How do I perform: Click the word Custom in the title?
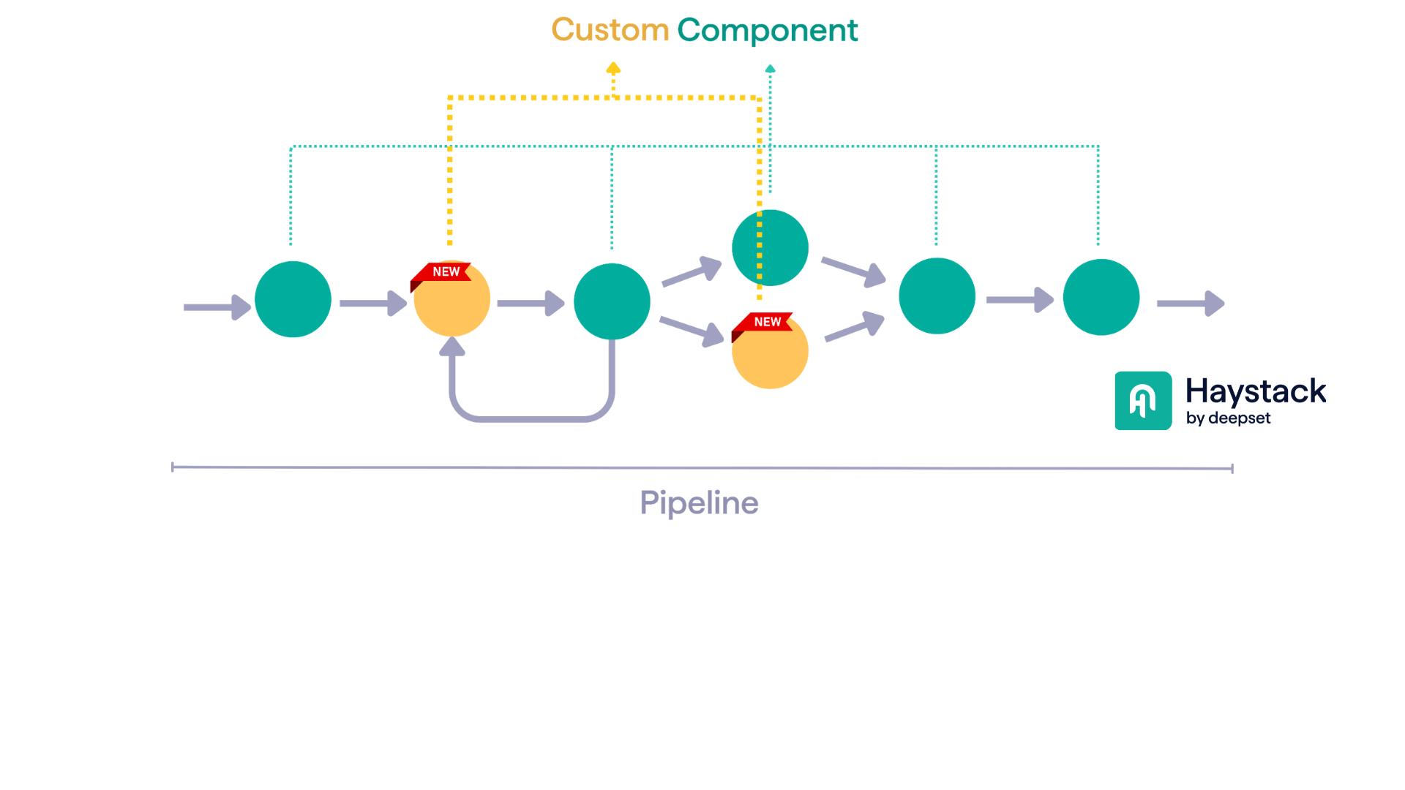coord(610,30)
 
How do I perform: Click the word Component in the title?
coord(767,30)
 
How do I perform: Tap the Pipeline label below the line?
coord(699,503)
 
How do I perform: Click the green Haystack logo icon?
coord(1143,401)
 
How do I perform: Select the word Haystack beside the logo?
coord(1255,391)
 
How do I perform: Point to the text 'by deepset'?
coord(1228,418)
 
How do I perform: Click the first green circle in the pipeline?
coord(293,299)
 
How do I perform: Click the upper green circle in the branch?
coord(770,248)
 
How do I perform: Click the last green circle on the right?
coord(1101,297)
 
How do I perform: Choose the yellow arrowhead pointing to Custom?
coord(613,69)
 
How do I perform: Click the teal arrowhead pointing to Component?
coord(770,69)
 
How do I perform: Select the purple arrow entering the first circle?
coord(217,307)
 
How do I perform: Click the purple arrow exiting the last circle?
coord(1190,304)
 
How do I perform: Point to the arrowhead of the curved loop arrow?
coord(452,347)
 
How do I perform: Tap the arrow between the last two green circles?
coord(1019,300)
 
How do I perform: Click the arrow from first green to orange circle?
coord(372,304)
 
